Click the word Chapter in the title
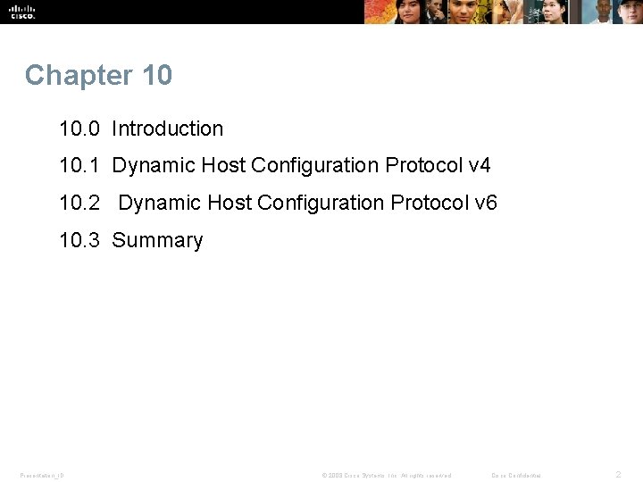point(66,76)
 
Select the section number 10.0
point(79,129)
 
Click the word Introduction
point(167,129)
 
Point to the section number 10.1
point(79,166)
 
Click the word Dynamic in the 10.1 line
point(154,166)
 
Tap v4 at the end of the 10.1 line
point(480,166)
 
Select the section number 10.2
point(79,204)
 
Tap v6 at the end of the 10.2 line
point(486,204)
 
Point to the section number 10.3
point(79,241)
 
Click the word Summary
point(157,241)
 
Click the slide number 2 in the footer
point(617,475)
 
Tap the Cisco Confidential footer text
point(516,475)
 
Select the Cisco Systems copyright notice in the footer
point(387,475)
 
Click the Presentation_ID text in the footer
point(42,475)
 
